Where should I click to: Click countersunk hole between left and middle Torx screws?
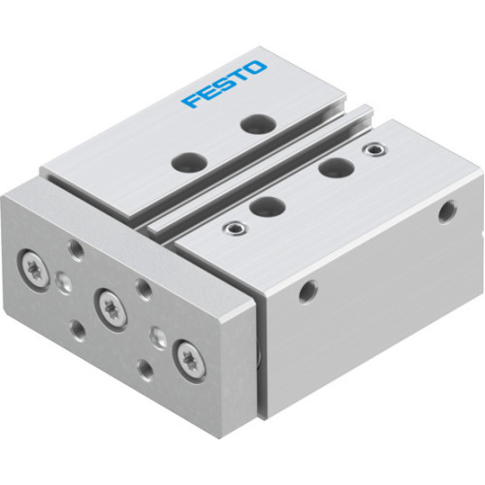click(64, 282)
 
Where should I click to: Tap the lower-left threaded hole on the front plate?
click(81, 324)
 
